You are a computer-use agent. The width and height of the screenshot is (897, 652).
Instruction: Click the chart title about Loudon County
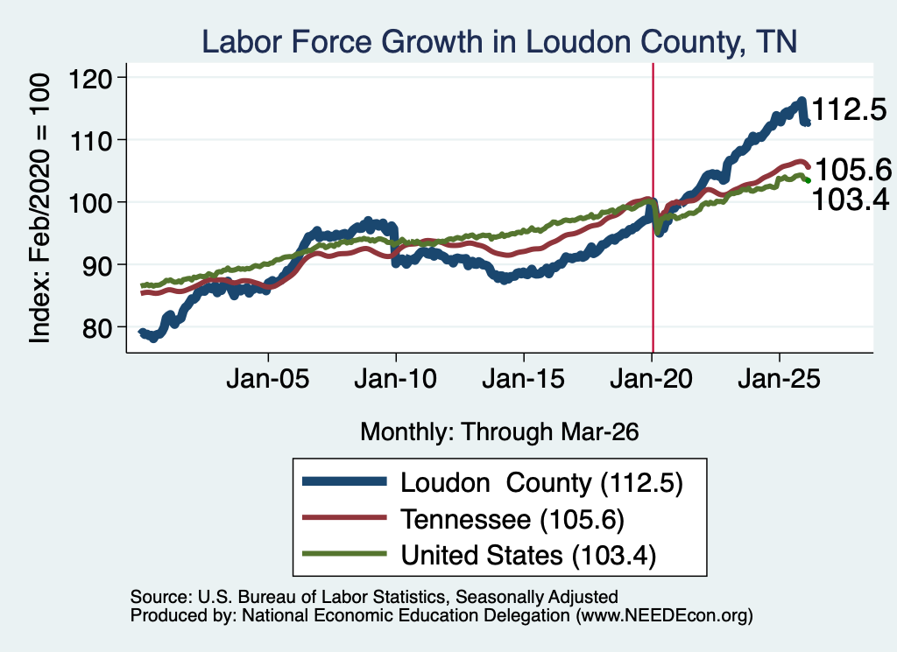click(x=499, y=42)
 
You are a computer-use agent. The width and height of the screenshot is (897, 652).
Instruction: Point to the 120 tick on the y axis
click(x=90, y=78)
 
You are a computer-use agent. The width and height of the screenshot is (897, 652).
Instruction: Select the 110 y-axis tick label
click(x=90, y=141)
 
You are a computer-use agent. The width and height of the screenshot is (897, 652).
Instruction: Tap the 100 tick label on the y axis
click(x=90, y=203)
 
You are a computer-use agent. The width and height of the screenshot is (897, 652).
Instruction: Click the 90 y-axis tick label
click(x=97, y=265)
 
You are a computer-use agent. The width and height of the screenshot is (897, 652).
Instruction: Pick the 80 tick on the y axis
click(x=97, y=327)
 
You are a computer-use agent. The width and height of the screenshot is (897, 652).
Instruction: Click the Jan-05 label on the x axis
click(x=268, y=378)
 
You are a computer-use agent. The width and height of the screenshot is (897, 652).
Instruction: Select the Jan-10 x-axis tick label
click(x=395, y=378)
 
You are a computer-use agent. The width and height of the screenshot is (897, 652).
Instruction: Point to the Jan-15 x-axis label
click(x=524, y=378)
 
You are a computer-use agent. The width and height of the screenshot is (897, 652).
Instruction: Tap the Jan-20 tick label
click(x=652, y=378)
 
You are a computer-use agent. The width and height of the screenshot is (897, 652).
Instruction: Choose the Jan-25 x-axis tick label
click(x=779, y=378)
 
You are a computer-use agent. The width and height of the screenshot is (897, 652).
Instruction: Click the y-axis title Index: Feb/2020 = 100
click(x=39, y=208)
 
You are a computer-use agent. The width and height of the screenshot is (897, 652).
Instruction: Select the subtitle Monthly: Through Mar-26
click(x=499, y=432)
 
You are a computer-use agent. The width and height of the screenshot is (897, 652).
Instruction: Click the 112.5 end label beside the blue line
click(x=850, y=109)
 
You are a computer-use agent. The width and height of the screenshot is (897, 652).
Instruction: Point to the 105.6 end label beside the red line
click(x=853, y=170)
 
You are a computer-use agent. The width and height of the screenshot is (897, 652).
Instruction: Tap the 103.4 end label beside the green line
click(x=851, y=200)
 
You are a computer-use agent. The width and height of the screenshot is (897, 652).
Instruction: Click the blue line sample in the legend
click(x=344, y=481)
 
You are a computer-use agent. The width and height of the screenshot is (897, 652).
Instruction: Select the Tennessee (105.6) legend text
click(x=512, y=520)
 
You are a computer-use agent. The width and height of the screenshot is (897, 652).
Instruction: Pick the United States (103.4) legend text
click(x=528, y=556)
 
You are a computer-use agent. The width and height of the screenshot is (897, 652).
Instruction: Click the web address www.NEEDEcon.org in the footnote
click(x=664, y=615)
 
